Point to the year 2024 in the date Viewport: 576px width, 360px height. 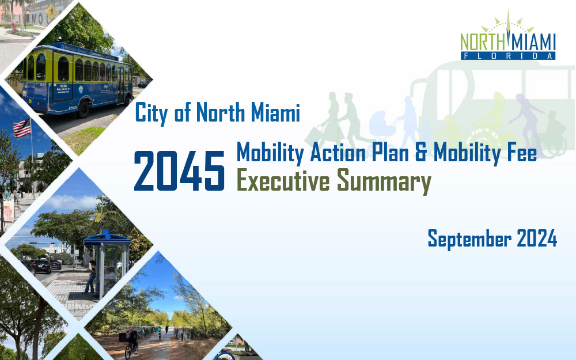pos(537,238)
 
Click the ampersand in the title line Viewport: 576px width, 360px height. pos(422,153)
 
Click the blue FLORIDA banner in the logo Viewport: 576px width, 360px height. pos(508,56)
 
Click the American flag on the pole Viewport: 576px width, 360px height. pos(22,128)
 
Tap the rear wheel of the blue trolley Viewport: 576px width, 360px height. pos(84,108)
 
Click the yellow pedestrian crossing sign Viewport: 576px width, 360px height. pos(51,11)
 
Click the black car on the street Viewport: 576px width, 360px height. pos(42,266)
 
